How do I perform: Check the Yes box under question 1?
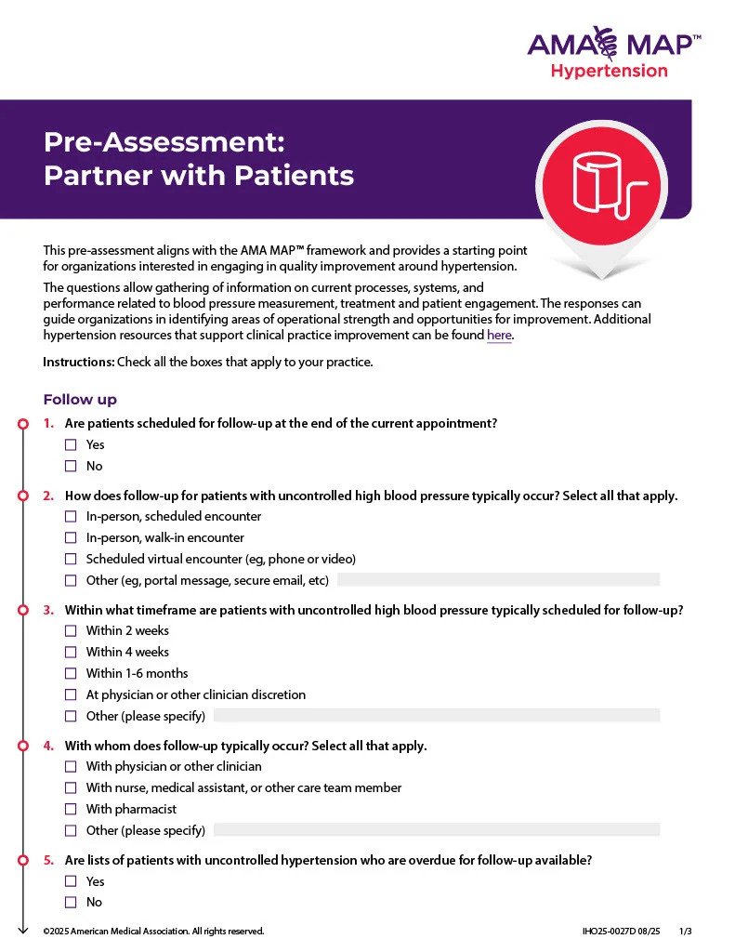pyautogui.click(x=71, y=445)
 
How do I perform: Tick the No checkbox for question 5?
pyautogui.click(x=71, y=903)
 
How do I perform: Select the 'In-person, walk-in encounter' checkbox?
pyautogui.click(x=71, y=538)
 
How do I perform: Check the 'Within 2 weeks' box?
pyautogui.click(x=71, y=631)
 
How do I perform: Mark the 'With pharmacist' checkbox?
pyautogui.click(x=71, y=810)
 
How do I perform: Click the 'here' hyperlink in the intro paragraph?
pyautogui.click(x=499, y=336)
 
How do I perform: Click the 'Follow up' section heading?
pyautogui.click(x=80, y=400)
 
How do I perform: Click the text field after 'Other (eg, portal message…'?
pyautogui.click(x=498, y=580)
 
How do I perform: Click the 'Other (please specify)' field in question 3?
pyautogui.click(x=437, y=716)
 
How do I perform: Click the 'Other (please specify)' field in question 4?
pyautogui.click(x=437, y=830)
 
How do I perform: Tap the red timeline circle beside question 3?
pyautogui.click(x=23, y=611)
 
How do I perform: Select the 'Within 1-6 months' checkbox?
pyautogui.click(x=71, y=674)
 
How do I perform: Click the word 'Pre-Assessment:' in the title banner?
pyautogui.click(x=164, y=142)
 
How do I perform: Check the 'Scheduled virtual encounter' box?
pyautogui.click(x=71, y=560)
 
